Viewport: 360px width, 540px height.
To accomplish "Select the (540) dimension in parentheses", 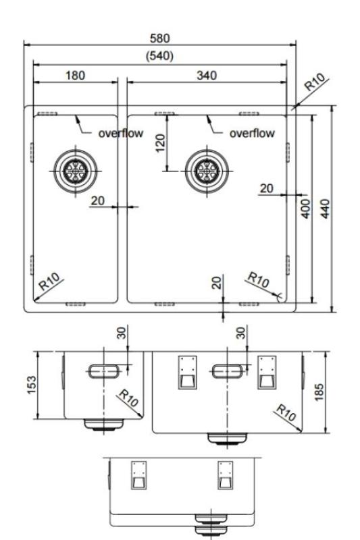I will pos(159,55).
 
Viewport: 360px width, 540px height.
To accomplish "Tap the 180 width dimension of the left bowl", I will pos(74,75).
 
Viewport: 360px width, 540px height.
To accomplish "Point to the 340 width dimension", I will pos(206,75).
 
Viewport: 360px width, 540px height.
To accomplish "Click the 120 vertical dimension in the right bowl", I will pos(160,142).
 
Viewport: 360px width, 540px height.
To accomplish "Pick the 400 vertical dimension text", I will pos(305,207).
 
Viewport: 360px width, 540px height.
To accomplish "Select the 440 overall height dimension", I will pos(326,207).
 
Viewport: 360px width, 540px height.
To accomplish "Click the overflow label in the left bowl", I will pos(120,133).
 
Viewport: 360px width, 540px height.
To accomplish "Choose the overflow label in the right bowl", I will pos(252,133).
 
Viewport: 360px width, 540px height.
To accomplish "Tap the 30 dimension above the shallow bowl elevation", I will pos(122,334).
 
